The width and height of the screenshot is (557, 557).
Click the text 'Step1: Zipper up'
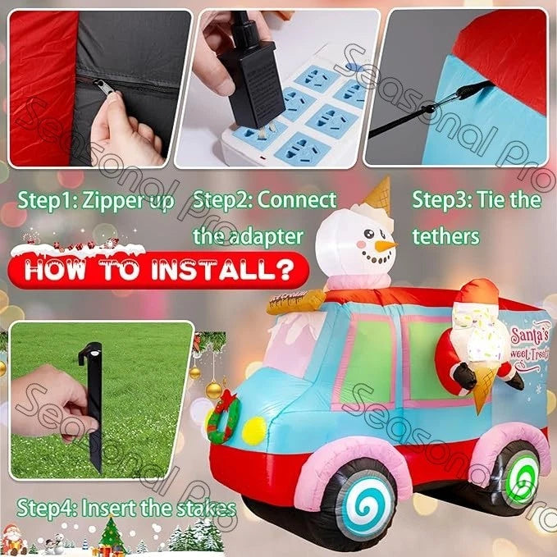(98, 200)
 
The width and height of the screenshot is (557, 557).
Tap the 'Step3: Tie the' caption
(476, 200)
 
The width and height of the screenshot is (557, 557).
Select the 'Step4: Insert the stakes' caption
(127, 508)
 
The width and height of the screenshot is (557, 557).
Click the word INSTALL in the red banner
(226, 269)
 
